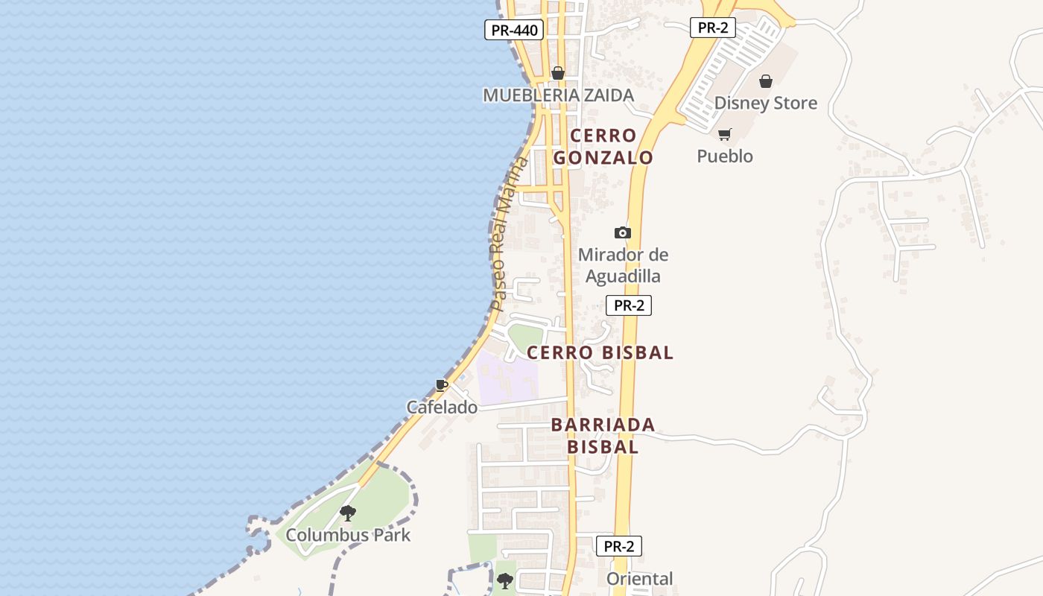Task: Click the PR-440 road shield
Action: click(x=513, y=31)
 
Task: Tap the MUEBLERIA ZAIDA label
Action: click(x=558, y=95)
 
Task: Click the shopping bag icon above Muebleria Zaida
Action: click(x=557, y=73)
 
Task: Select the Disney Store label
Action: click(x=765, y=103)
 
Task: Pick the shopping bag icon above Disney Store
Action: click(x=765, y=81)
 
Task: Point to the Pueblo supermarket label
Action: click(x=724, y=156)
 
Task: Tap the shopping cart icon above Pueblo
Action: click(x=724, y=135)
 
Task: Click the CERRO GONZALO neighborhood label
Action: click(x=603, y=147)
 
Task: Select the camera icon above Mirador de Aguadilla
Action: click(x=623, y=233)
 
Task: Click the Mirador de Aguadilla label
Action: click(x=623, y=265)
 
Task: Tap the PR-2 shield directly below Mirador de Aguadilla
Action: click(x=628, y=305)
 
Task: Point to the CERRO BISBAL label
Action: click(x=600, y=352)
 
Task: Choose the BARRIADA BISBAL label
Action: click(x=603, y=436)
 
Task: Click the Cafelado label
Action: click(x=442, y=408)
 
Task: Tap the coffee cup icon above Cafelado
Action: click(x=442, y=385)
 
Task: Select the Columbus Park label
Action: click(x=348, y=535)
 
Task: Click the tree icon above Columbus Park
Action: click(x=347, y=513)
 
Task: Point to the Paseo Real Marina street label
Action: click(x=509, y=235)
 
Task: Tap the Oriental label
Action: click(x=639, y=579)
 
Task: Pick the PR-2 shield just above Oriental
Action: click(x=618, y=546)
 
